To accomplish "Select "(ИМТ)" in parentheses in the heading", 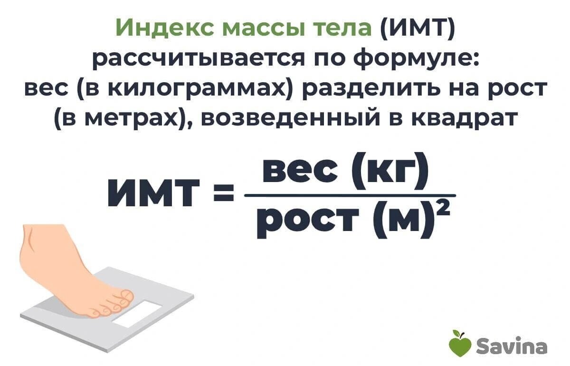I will pyautogui.click(x=417, y=28).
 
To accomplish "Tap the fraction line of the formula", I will pyautogui.click(x=349, y=195).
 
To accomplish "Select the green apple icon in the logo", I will pyautogui.click(x=459, y=343).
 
